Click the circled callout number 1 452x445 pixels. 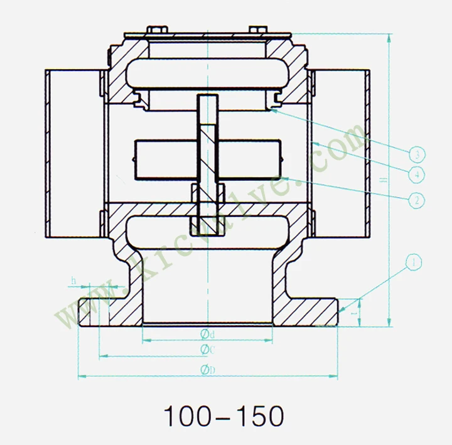414,262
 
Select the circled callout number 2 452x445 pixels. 414,200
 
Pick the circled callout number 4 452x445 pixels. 414,173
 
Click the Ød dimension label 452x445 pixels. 208,333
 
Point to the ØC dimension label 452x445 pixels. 208,350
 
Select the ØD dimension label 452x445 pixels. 208,370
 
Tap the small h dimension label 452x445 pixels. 73,279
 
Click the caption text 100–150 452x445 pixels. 223,416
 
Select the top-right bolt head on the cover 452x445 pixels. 259,29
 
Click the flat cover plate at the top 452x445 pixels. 207,34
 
